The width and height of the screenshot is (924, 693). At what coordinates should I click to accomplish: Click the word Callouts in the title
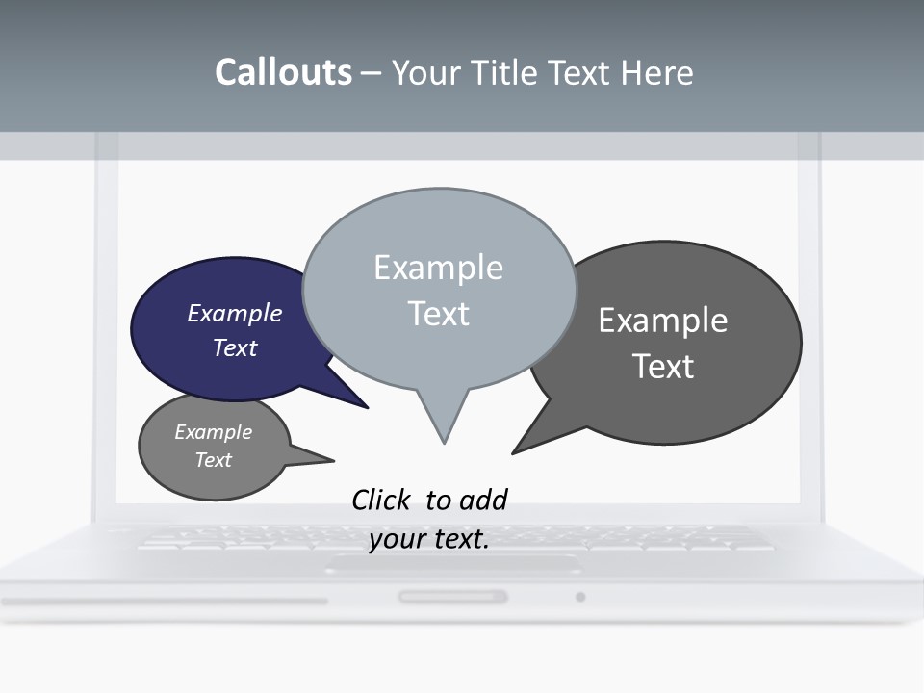point(283,72)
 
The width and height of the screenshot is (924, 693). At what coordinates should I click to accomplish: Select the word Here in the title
point(657,72)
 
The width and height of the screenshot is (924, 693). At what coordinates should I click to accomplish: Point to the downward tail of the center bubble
point(443,423)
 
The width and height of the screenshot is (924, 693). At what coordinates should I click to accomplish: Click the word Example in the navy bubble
point(235,313)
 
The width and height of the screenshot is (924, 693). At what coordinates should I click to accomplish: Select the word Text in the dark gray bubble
point(663,367)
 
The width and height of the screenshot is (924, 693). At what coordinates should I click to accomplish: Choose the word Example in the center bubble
point(438,268)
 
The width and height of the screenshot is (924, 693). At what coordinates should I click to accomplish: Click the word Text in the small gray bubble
point(214,460)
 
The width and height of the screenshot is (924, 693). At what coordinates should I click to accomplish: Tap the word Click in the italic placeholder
point(381,500)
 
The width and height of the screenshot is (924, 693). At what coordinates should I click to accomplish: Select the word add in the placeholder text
point(483,500)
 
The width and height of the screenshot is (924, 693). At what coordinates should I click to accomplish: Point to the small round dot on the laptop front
point(580,597)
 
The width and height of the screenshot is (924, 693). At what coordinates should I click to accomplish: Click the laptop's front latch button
point(452,597)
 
